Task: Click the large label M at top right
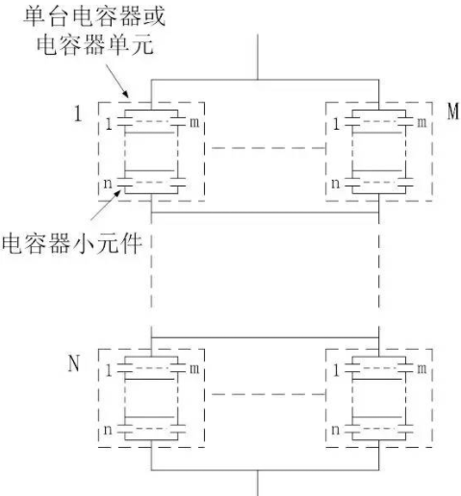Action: (x=453, y=112)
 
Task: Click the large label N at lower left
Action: (x=74, y=363)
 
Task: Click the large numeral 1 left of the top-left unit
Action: (x=78, y=113)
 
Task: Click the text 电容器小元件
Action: (x=71, y=244)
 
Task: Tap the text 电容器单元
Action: (x=95, y=44)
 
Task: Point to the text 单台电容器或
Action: (x=94, y=16)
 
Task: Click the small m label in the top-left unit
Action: (x=194, y=122)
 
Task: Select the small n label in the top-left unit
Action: (x=108, y=184)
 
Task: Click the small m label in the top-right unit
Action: (x=422, y=122)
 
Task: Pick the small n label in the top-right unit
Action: (x=335, y=184)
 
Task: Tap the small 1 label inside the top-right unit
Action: (x=336, y=124)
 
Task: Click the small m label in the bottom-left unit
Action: (x=194, y=369)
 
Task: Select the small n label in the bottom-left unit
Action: (x=108, y=430)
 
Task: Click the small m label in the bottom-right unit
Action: (x=422, y=369)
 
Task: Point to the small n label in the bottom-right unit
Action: (x=335, y=430)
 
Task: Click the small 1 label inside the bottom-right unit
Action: (x=336, y=371)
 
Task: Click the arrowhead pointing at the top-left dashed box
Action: (x=126, y=93)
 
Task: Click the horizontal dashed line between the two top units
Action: (x=269, y=148)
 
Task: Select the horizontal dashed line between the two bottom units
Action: (x=269, y=394)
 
